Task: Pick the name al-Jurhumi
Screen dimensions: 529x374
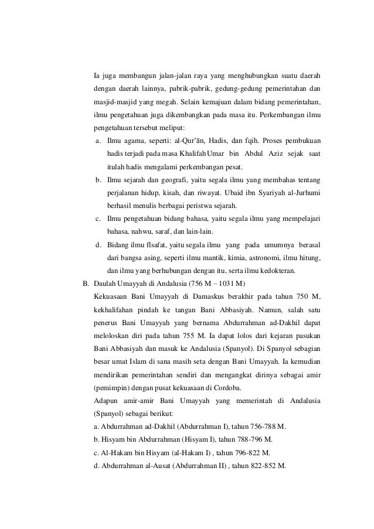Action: pyautogui.click(x=298, y=193)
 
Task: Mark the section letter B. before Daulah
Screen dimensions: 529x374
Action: pyautogui.click(x=85, y=284)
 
